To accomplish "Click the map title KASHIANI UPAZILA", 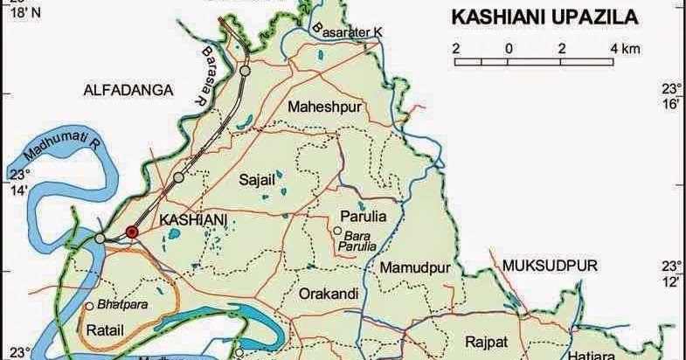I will (543, 18).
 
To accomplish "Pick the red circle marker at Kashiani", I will (132, 232).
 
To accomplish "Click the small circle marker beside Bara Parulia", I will (336, 231).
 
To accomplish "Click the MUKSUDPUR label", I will (537, 264).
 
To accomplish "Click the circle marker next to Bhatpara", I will (89, 307).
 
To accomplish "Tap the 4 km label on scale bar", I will (626, 47).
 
